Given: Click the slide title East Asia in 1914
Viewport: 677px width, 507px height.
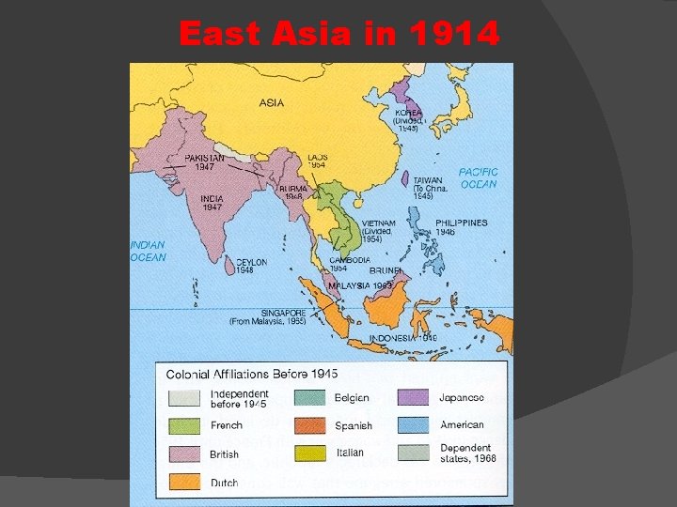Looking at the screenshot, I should pos(338,34).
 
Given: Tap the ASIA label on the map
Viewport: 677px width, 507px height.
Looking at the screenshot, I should pos(272,102).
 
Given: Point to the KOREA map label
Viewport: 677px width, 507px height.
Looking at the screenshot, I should pos(408,113).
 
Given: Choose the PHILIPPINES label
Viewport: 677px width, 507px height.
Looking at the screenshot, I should pos(461,223).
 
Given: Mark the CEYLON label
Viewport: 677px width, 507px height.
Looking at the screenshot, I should pos(250,262).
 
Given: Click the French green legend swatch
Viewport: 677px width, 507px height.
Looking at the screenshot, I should pos(184,425).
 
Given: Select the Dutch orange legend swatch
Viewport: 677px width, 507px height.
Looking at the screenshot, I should pos(184,483).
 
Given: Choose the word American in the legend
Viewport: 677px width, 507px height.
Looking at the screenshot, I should pos(462,425).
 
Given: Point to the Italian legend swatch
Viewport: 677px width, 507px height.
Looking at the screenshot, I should pos(310,453).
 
